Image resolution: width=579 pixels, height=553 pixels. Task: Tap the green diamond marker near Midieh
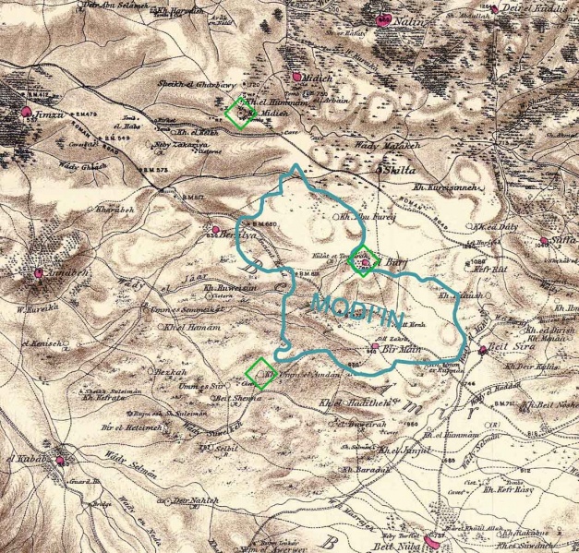pyautogui.click(x=241, y=113)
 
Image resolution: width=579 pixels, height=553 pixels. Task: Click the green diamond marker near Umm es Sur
pyautogui.click(x=261, y=373)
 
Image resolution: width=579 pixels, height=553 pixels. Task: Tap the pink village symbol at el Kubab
pyautogui.click(x=62, y=460)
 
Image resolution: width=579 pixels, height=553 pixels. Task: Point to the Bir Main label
pyautogui.click(x=396, y=349)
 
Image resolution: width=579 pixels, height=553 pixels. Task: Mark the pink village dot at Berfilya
pyautogui.click(x=216, y=229)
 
